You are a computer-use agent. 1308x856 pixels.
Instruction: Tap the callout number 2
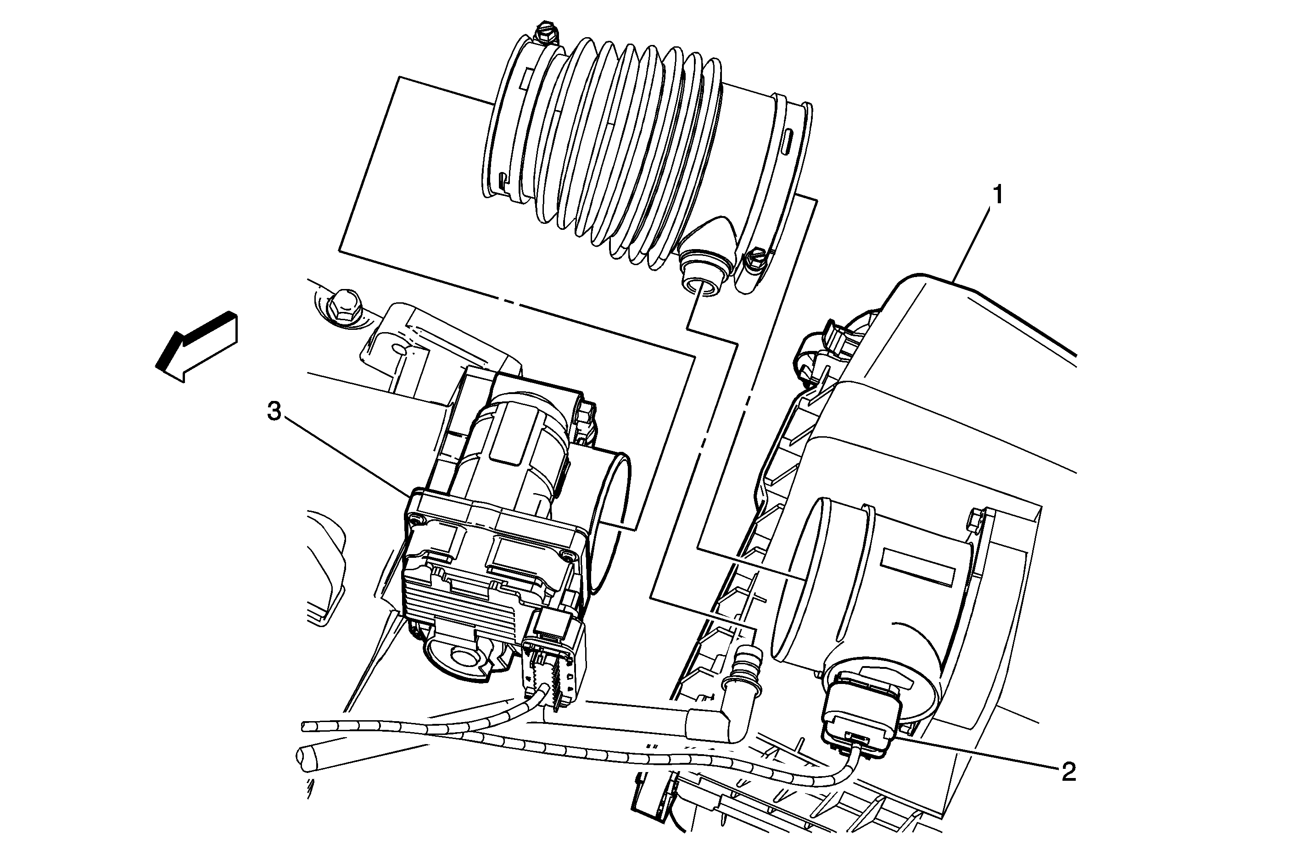pyautogui.click(x=1068, y=773)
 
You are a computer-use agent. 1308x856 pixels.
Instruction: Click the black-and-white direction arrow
pyautogui.click(x=196, y=346)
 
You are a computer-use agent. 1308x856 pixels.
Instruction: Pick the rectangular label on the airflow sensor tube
pyautogui.click(x=915, y=567)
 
